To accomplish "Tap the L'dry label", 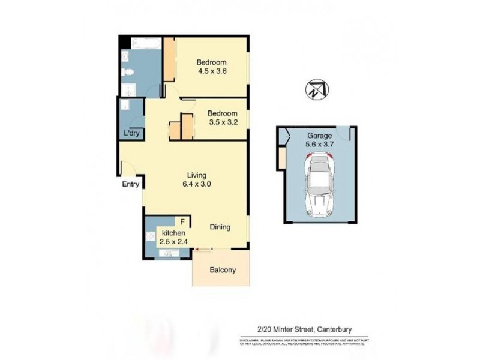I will pyautogui.click(x=131, y=133).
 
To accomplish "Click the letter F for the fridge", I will pyautogui.click(x=183, y=222).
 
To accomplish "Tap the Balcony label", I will pyautogui.click(x=222, y=270).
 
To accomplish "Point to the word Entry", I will pyautogui.click(x=131, y=184).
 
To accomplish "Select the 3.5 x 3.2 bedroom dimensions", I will pyautogui.click(x=221, y=122).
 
